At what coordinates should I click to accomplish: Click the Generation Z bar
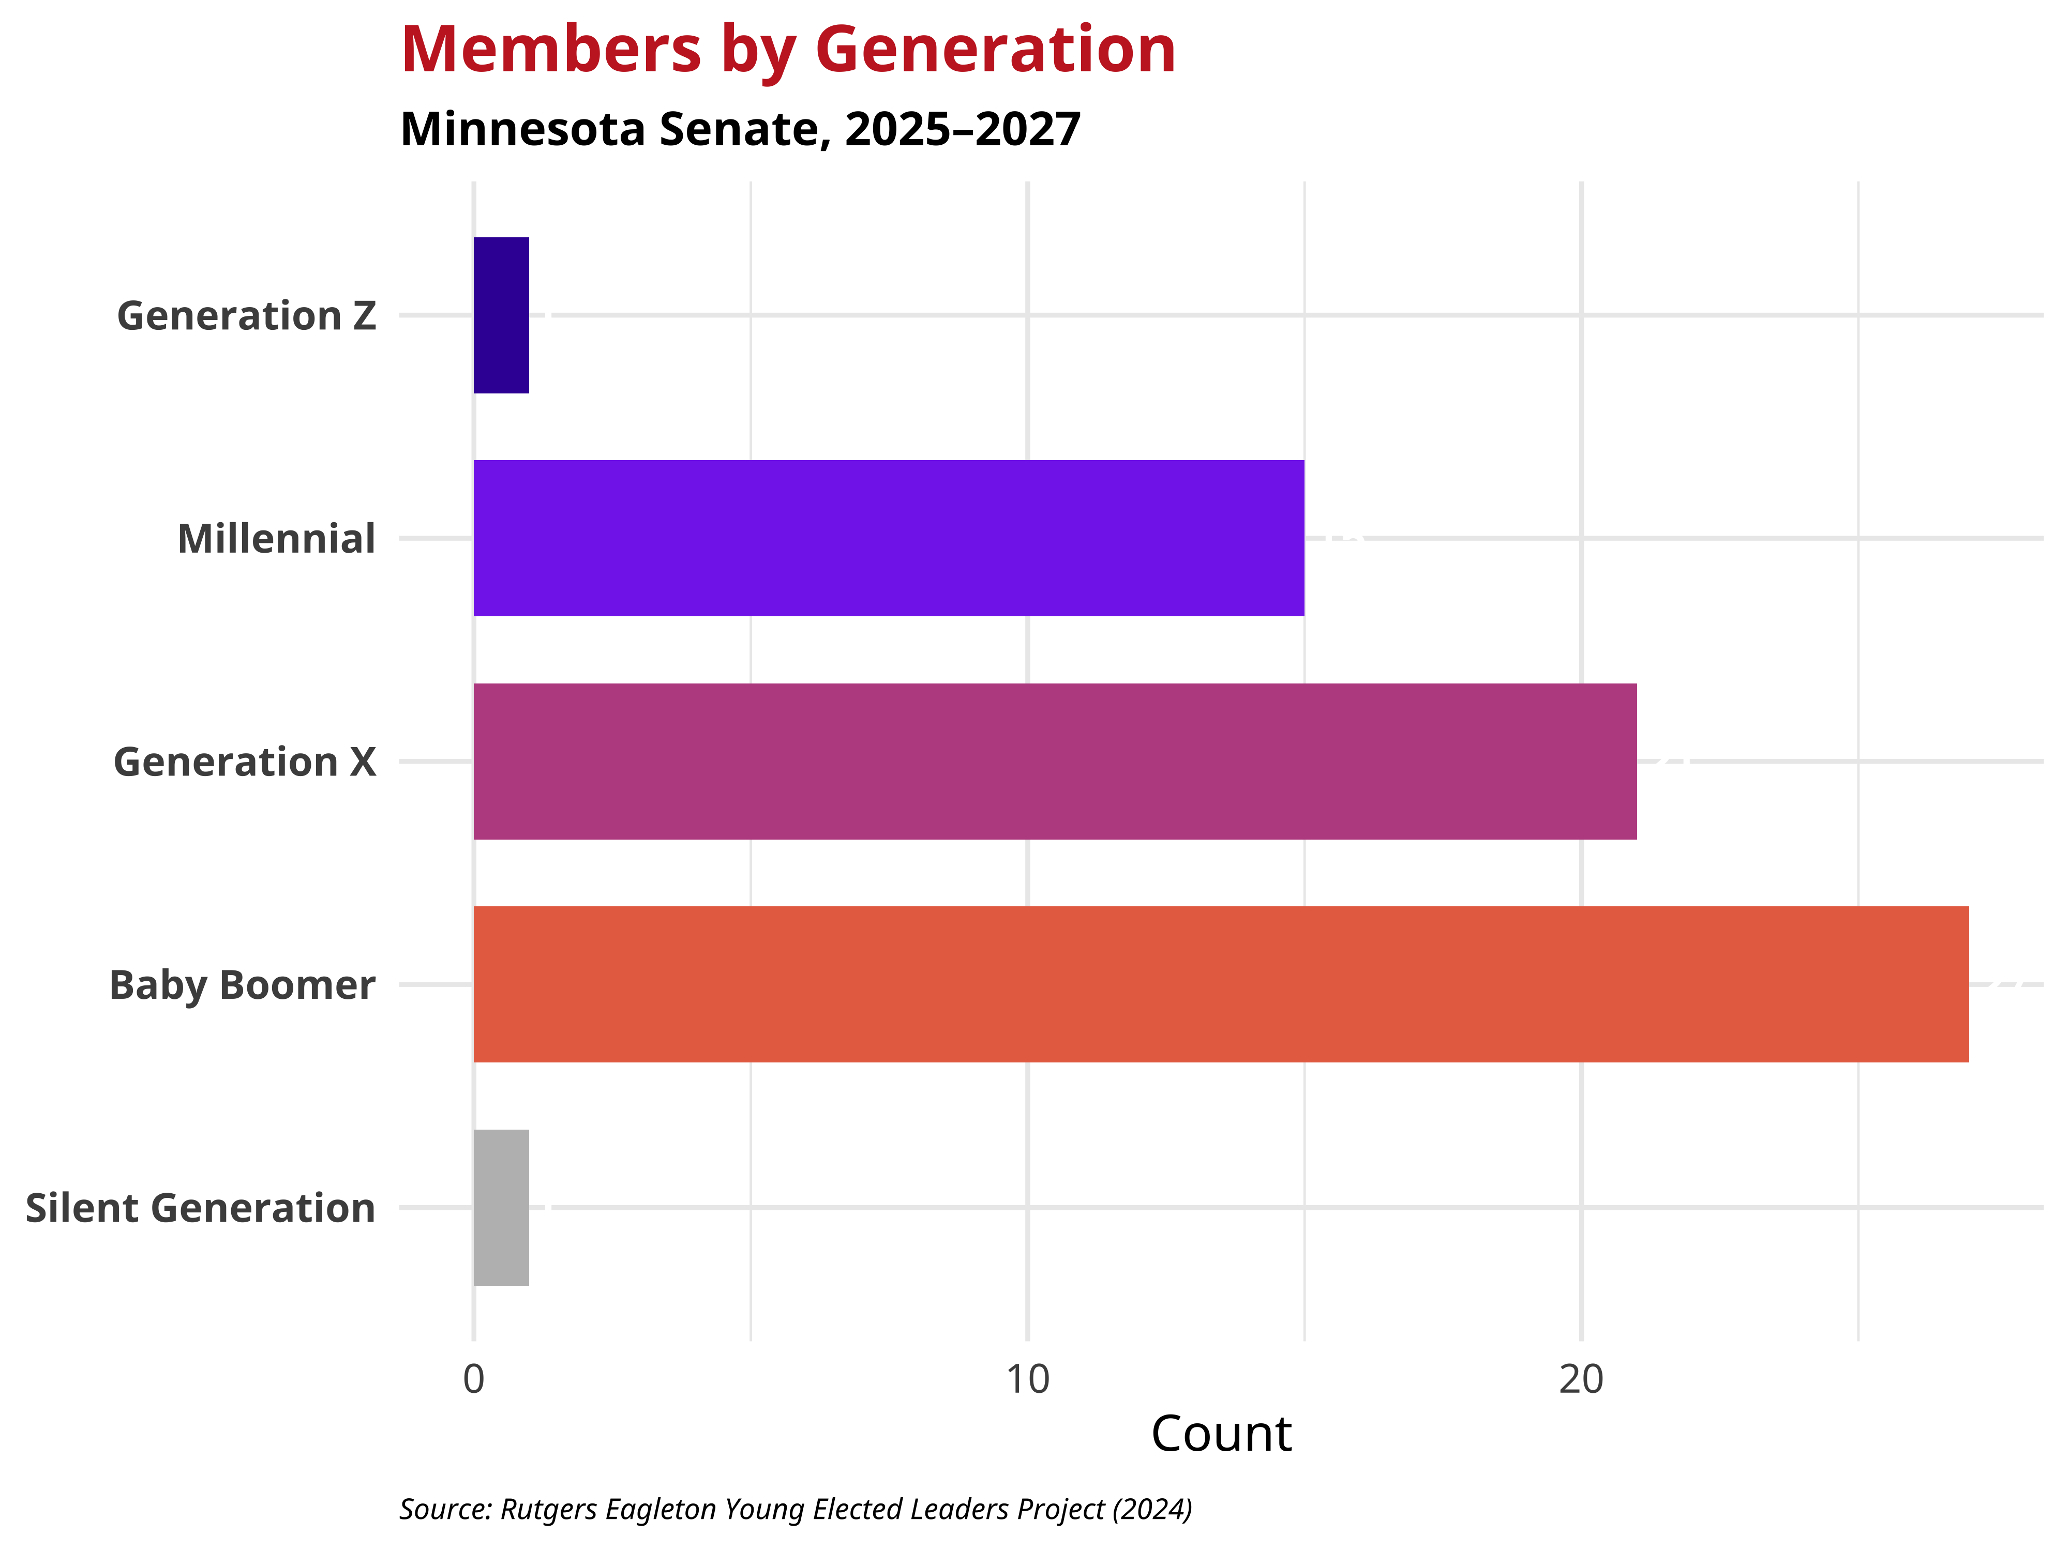[501, 315]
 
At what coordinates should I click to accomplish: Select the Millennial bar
[889, 539]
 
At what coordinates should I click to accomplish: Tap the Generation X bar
[1055, 761]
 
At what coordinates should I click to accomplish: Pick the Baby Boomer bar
[1221, 984]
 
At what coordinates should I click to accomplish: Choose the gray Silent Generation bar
[501, 1208]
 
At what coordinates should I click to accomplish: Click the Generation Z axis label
[246, 316]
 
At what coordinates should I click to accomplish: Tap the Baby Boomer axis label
[242, 985]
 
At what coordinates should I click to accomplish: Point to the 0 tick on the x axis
[474, 1379]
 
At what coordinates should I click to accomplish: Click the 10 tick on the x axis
[1028, 1379]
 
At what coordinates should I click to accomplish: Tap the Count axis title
[1221, 1433]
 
